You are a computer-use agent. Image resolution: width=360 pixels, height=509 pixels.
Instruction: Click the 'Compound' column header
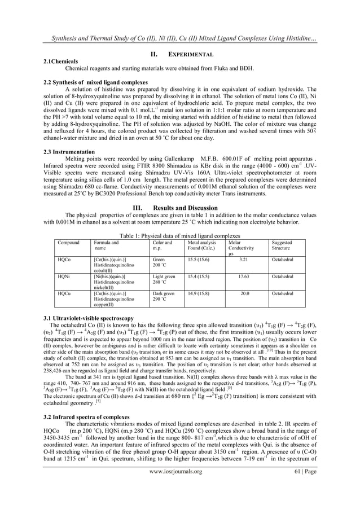click(68, 242)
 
